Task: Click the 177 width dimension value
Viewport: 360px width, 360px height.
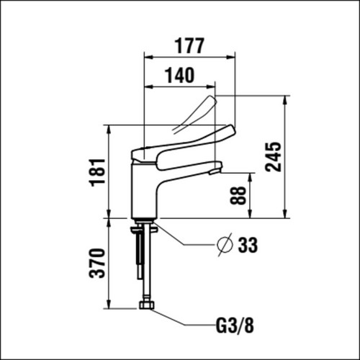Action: click(x=189, y=45)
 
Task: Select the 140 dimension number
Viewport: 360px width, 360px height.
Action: click(x=179, y=75)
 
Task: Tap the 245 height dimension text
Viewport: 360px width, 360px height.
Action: click(x=273, y=157)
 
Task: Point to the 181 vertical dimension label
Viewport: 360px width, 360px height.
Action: click(x=97, y=172)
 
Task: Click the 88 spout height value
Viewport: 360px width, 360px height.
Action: click(x=238, y=195)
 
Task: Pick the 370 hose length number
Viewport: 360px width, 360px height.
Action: click(x=97, y=264)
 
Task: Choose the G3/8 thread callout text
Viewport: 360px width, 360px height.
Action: click(x=235, y=325)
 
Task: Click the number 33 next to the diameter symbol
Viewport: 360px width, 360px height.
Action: click(x=248, y=245)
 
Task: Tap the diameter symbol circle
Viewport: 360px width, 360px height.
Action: click(x=225, y=245)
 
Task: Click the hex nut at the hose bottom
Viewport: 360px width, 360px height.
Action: click(x=147, y=305)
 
